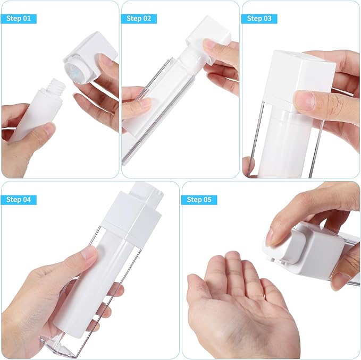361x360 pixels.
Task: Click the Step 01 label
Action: [x=19, y=19]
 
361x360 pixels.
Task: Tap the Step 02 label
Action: [x=139, y=19]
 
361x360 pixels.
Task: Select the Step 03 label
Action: [x=259, y=19]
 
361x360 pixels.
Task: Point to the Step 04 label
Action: [x=19, y=200]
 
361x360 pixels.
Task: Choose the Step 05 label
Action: [x=199, y=200]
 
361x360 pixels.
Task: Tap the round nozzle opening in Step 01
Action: [x=74, y=70]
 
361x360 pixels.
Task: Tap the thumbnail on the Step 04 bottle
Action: [x=89, y=252]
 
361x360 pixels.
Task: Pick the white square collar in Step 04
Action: [x=132, y=215]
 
